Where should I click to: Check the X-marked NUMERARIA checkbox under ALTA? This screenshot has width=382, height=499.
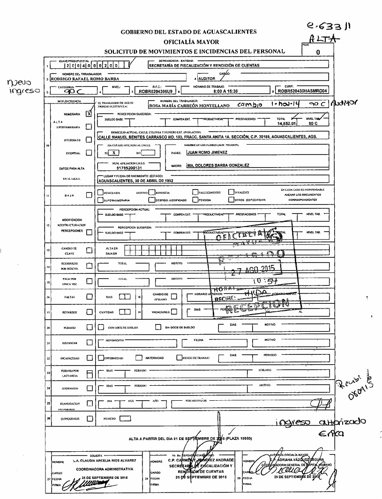[x=89, y=114]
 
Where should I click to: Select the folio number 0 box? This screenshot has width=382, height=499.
[x=318, y=52]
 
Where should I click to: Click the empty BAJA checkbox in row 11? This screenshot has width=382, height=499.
[x=89, y=195]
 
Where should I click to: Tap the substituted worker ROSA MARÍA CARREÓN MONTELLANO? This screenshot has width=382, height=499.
[x=189, y=106]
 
